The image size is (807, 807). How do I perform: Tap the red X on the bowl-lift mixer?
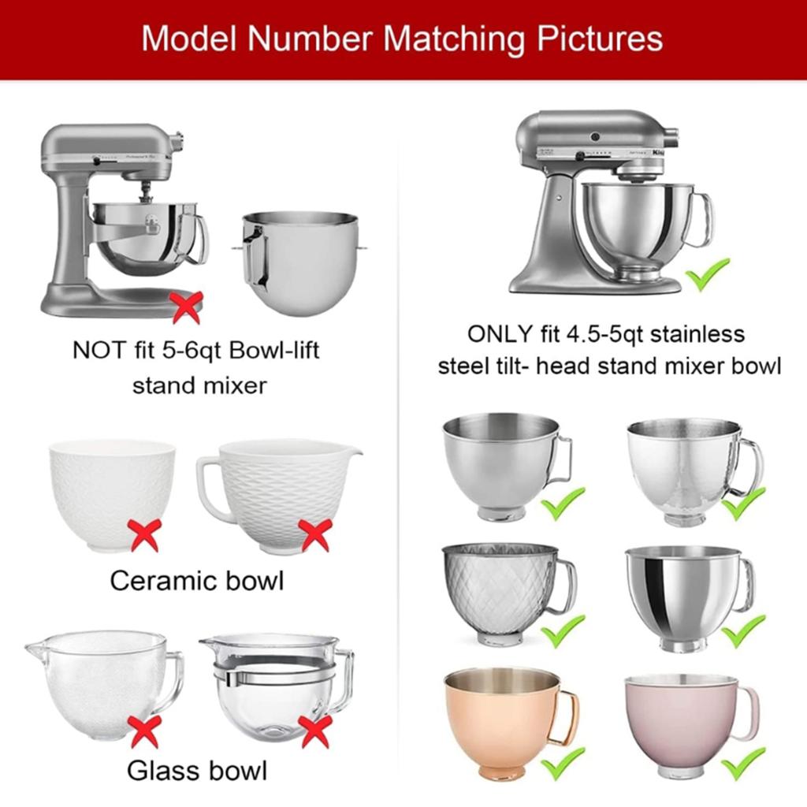pyautogui.click(x=187, y=307)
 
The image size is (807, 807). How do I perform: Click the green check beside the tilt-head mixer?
pyautogui.click(x=707, y=274)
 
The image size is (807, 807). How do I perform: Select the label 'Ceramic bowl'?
pyautogui.click(x=196, y=581)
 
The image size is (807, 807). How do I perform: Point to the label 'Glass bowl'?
pyautogui.click(x=196, y=768)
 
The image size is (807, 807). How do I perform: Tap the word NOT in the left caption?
pyautogui.click(x=98, y=351)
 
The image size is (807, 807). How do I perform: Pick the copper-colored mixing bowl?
pyautogui.click(x=502, y=717)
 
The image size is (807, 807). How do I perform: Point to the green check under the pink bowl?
pyautogui.click(x=742, y=762)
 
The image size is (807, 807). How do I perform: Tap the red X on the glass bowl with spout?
pyautogui.click(x=145, y=731)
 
